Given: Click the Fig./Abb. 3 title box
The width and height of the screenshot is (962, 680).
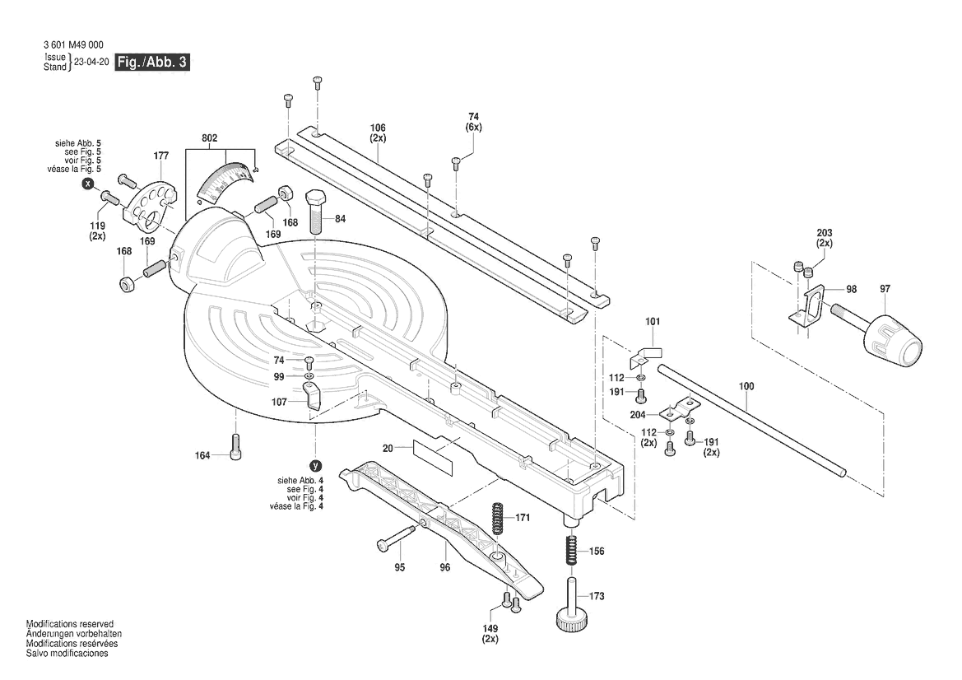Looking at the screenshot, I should pyautogui.click(x=152, y=63).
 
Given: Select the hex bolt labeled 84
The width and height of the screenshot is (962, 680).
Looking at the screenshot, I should pyautogui.click(x=317, y=213).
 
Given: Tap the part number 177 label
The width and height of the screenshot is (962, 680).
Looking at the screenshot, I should pyautogui.click(x=160, y=156).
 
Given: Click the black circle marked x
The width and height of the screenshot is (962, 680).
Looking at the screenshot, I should pyautogui.click(x=87, y=184).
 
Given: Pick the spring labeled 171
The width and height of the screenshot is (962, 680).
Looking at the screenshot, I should pyautogui.click(x=498, y=519).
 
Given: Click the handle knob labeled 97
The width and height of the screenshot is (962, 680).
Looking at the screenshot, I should pyautogui.click(x=891, y=337).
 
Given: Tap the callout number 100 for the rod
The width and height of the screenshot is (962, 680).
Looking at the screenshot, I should pyautogui.click(x=746, y=385).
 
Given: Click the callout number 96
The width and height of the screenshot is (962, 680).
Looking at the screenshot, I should pyautogui.click(x=445, y=567).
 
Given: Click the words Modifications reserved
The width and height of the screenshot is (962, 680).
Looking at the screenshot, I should pyautogui.click(x=70, y=625).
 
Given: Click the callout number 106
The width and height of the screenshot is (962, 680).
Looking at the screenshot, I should pyautogui.click(x=378, y=128).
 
